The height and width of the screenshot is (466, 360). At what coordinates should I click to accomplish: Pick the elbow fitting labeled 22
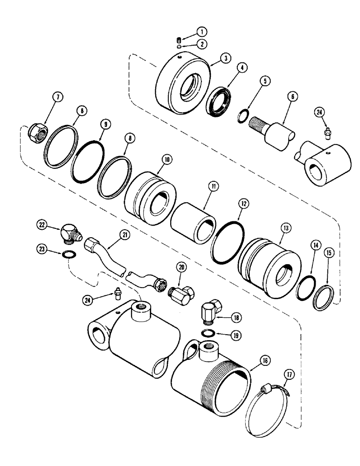click(x=68, y=231)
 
